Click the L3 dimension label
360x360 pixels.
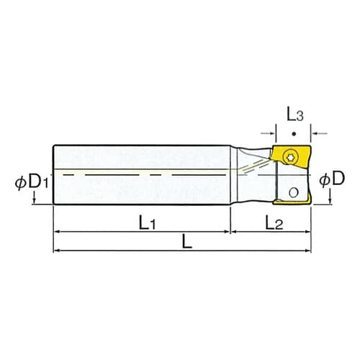pyautogui.click(x=294, y=114)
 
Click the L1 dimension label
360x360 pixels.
pyautogui.click(x=146, y=222)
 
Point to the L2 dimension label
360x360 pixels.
pyautogui.click(x=273, y=222)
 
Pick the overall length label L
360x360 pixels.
pyautogui.click(x=186, y=243)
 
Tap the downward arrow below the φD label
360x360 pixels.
pyautogui.click(x=330, y=198)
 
